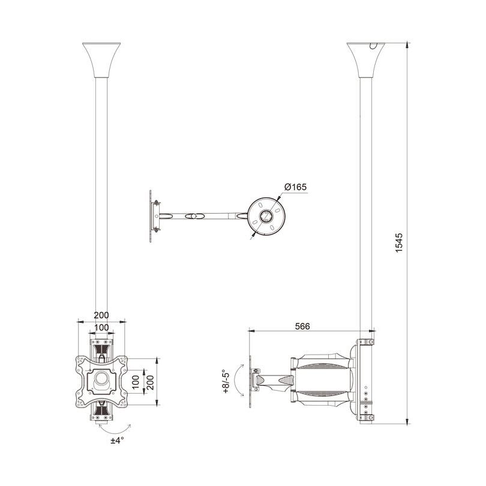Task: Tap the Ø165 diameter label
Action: [295, 187]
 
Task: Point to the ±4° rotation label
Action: [117, 440]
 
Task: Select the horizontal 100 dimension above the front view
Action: [101, 327]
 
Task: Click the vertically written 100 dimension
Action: [136, 382]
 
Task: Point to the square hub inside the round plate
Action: [266, 215]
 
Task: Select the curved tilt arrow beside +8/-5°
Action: [238, 382]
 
